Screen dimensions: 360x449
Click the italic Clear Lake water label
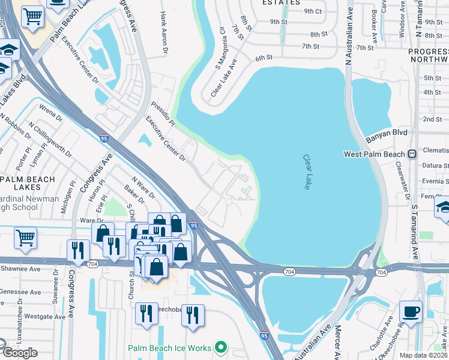(x=306, y=172)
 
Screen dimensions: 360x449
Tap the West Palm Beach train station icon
(x=412, y=154)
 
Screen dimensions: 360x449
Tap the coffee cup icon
(x=411, y=311)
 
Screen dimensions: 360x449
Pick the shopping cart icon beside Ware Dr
(x=25, y=238)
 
